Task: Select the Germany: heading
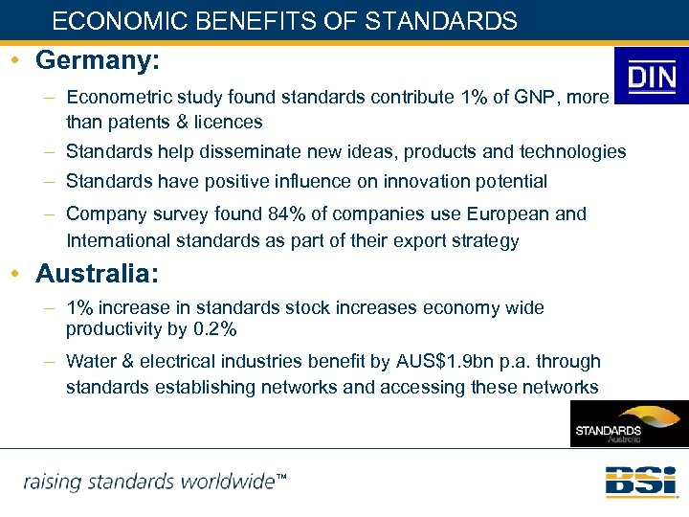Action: (x=97, y=60)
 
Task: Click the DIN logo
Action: (x=652, y=77)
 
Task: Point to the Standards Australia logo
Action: (x=629, y=424)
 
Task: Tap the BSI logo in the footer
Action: (x=640, y=481)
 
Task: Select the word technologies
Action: (x=573, y=152)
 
